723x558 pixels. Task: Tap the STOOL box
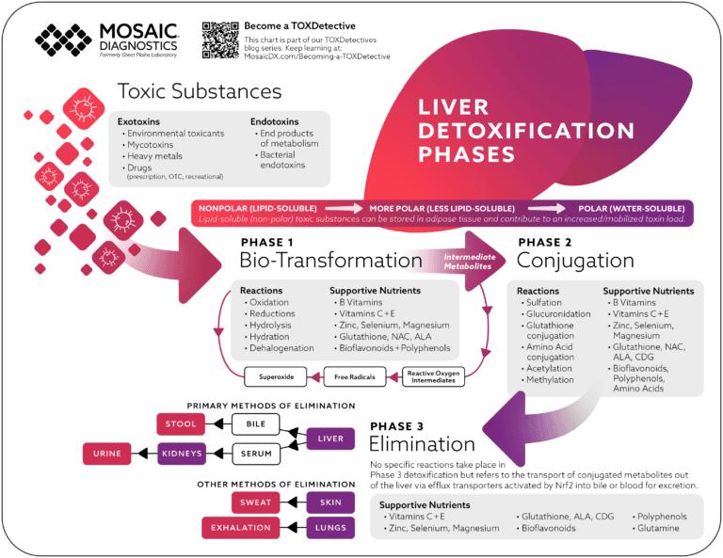180,423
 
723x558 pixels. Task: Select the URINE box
107,454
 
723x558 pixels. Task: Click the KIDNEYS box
180,454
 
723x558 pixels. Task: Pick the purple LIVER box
330,438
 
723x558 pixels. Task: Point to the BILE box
257,423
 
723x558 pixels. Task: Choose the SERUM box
257,454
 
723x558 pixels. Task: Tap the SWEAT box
255,502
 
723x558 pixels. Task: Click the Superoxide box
276,377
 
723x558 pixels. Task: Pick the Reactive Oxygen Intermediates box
433,377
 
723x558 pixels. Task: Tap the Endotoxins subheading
278,121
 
